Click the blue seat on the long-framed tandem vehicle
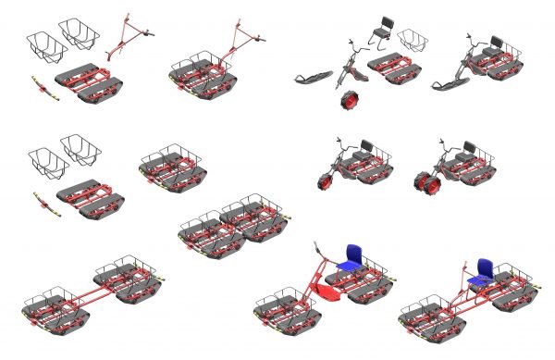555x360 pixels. tap(481, 269)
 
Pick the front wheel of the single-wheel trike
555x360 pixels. tap(327, 179)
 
